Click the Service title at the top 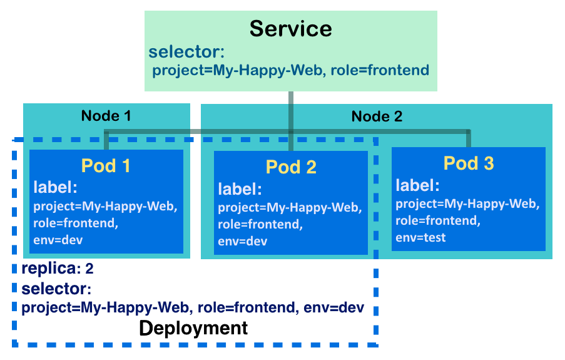click(x=291, y=29)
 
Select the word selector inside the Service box click(x=186, y=51)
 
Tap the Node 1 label click(x=106, y=116)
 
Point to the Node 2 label click(x=377, y=116)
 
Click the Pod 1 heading click(x=106, y=166)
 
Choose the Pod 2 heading click(x=291, y=167)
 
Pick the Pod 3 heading click(x=469, y=163)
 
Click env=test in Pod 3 click(x=420, y=237)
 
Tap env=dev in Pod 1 click(x=58, y=240)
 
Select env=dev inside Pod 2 click(x=243, y=241)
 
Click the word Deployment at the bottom click(x=193, y=328)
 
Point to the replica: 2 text click(x=58, y=269)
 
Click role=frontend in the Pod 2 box click(x=260, y=224)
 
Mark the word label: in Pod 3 click(x=417, y=185)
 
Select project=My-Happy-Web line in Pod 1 click(x=105, y=207)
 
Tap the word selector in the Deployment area click(x=56, y=289)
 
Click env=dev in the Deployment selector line click(x=333, y=307)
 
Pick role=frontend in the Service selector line click(x=380, y=70)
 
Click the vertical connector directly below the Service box click(x=291, y=121)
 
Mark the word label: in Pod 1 click(x=56, y=187)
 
